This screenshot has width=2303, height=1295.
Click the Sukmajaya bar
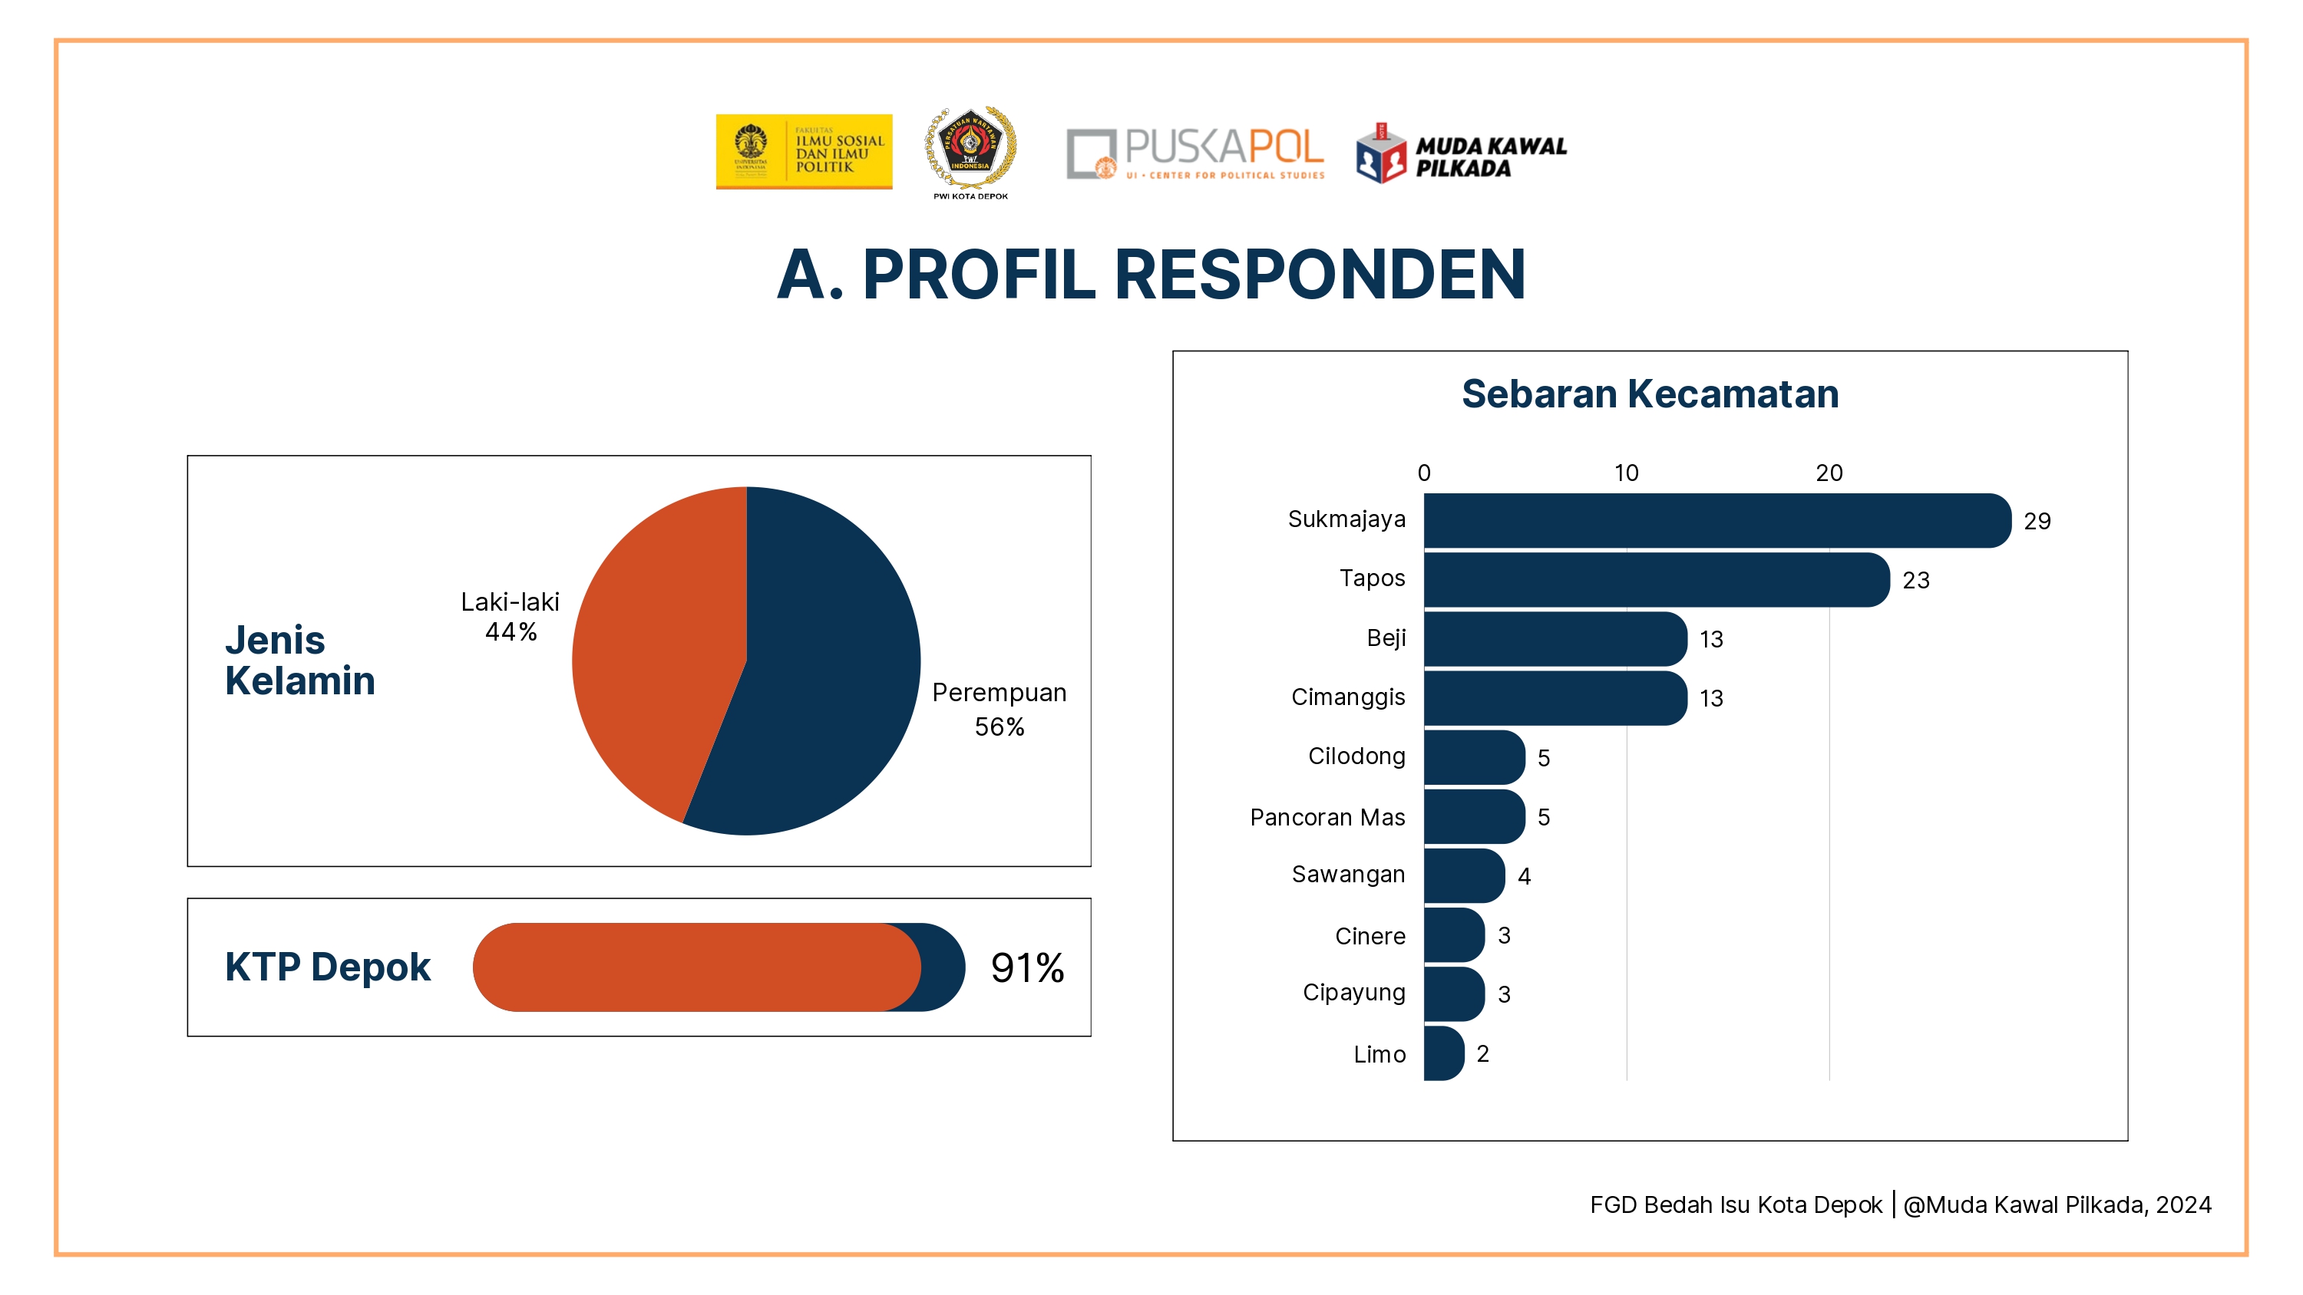coord(1717,520)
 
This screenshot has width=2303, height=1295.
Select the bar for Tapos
coord(1656,579)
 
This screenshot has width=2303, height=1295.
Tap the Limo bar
coord(1443,1053)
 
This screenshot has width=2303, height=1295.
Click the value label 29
coord(2037,521)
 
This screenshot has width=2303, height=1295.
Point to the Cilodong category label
coord(1356,756)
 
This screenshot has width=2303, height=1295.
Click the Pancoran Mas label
coord(1327,817)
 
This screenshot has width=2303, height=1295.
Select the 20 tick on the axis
coord(1829,473)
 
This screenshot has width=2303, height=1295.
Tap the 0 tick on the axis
coord(1424,473)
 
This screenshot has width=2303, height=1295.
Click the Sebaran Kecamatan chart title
coord(1650,394)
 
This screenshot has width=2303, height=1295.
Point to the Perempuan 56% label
coord(999,709)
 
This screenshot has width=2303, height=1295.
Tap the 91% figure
coord(1027,968)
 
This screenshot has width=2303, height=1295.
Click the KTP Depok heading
coord(327,967)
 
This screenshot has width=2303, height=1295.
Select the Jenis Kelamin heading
coord(299,660)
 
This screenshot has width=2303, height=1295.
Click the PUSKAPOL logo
coord(1194,153)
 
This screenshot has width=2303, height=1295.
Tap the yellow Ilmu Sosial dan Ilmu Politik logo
coord(804,151)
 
